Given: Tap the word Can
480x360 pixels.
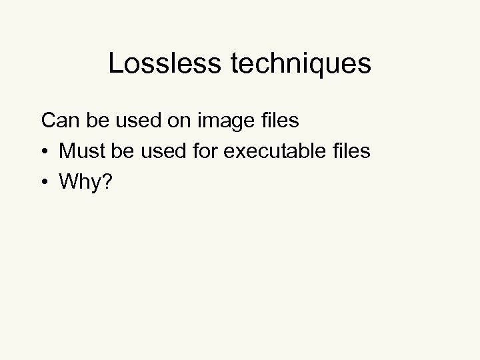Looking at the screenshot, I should click(57, 121).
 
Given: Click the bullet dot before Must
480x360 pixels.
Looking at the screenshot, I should click(45, 152).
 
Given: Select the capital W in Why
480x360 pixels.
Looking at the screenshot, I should click(69, 182).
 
